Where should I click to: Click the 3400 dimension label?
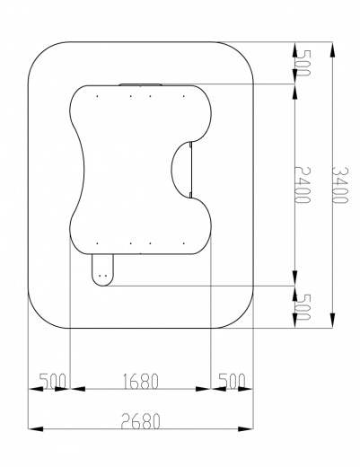pyautogui.click(x=340, y=185)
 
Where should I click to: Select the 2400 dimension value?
pyautogui.click(x=303, y=185)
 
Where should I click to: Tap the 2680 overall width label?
pyautogui.click(x=141, y=421)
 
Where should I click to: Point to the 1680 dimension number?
pyautogui.click(x=141, y=381)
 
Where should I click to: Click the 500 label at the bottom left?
pyautogui.click(x=53, y=381)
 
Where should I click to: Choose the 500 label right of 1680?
pyautogui.click(x=232, y=381)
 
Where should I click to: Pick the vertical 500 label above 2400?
pyautogui.click(x=303, y=63)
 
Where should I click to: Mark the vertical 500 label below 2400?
pyautogui.click(x=303, y=307)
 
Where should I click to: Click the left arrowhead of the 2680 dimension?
pyautogui.click(x=36, y=429)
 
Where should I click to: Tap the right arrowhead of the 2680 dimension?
pyautogui.click(x=246, y=429)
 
